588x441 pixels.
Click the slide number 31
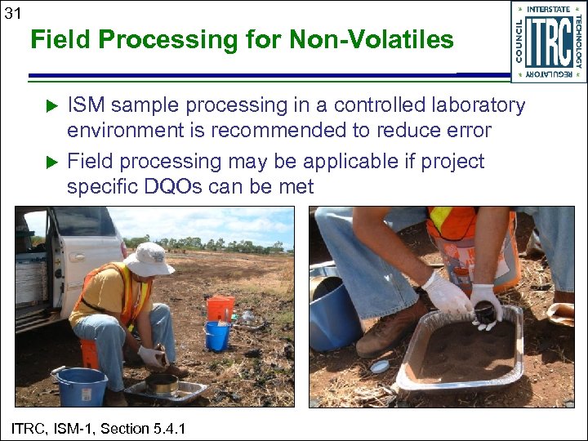13,11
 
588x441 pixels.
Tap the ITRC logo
548,41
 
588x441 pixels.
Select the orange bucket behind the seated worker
220,308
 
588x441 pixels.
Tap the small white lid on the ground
379,367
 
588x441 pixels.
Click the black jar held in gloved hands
483,311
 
